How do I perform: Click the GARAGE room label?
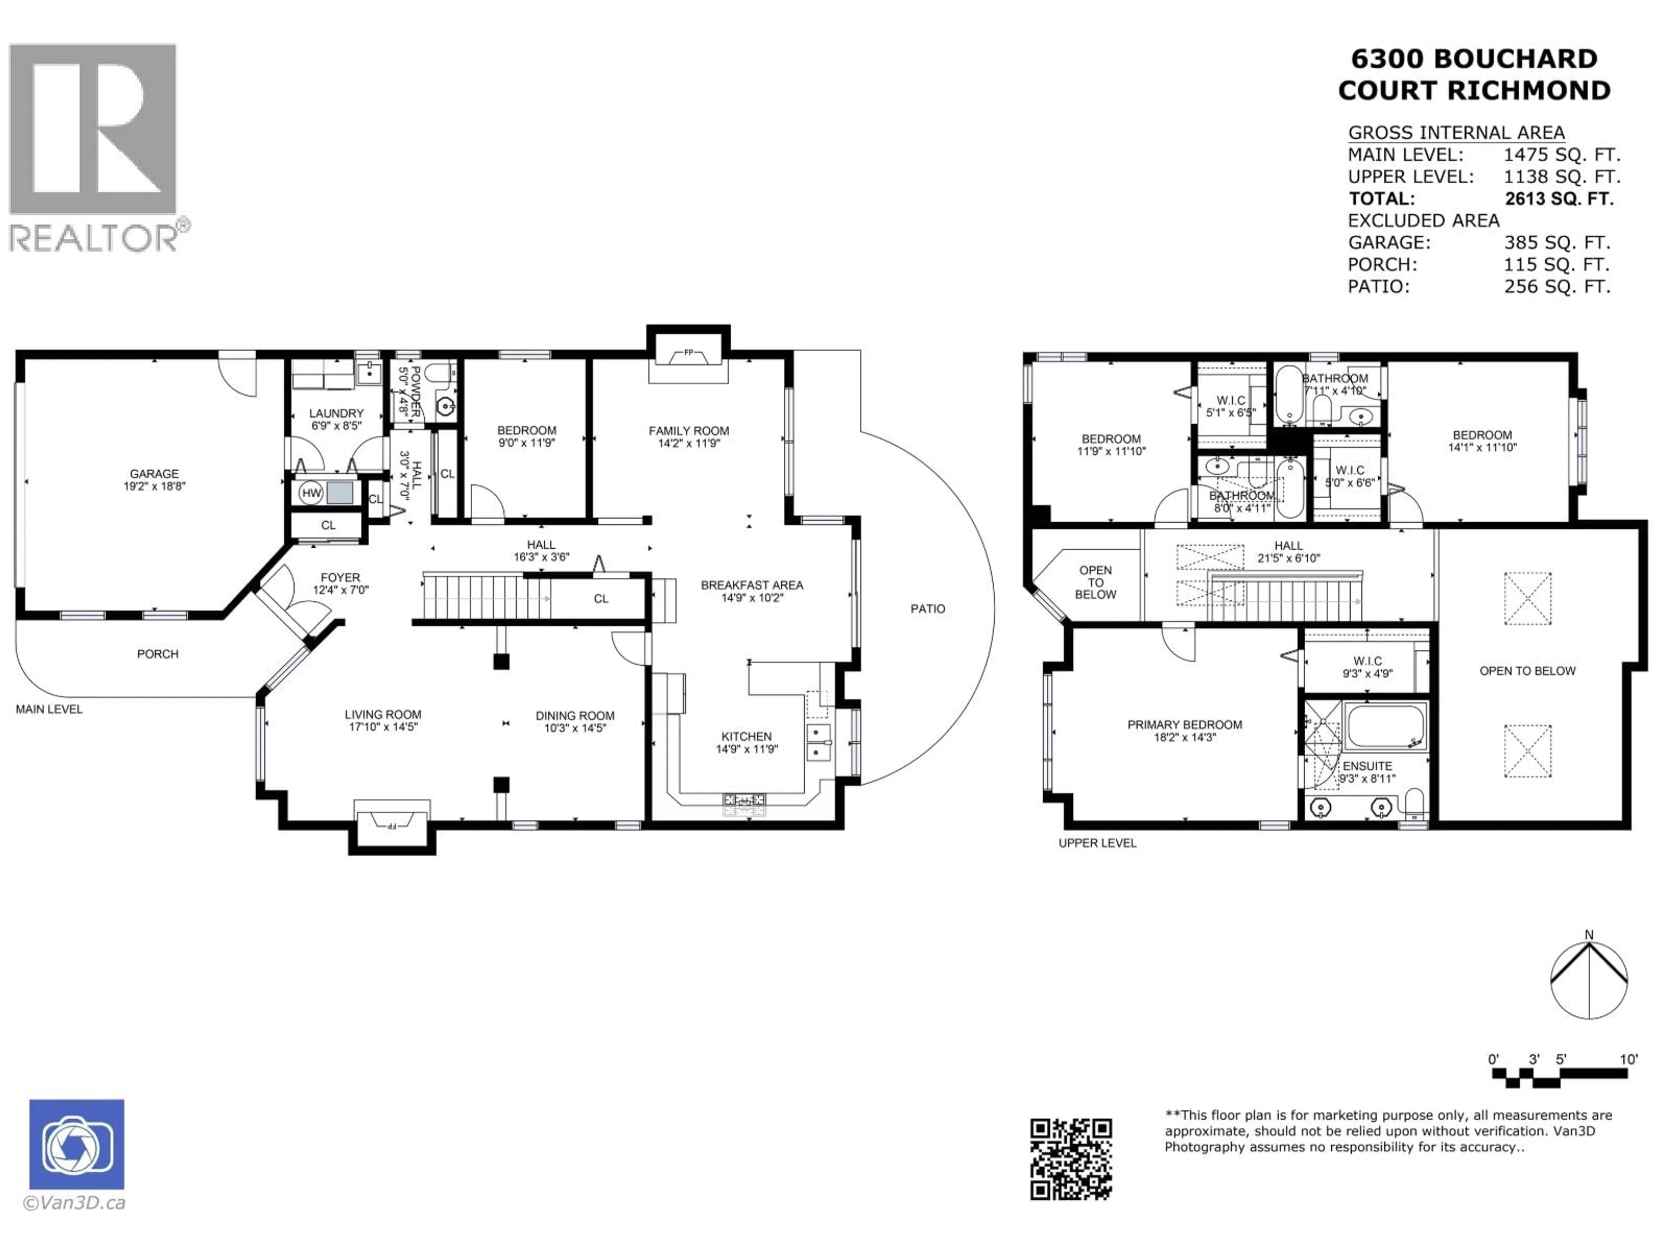point(154,474)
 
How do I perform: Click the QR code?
point(1071,1159)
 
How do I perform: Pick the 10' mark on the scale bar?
point(1629,1059)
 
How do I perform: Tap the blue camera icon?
point(77,1144)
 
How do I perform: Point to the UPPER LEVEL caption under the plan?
point(1097,843)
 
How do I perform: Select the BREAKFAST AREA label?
point(752,585)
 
